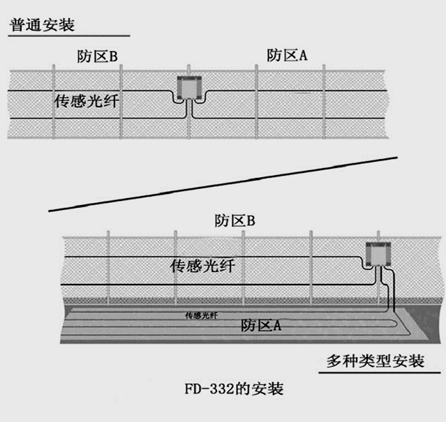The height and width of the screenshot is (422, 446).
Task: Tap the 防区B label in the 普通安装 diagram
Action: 97,56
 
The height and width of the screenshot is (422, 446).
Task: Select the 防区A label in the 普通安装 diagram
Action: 287,56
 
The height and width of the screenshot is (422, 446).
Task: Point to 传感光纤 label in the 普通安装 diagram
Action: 86,100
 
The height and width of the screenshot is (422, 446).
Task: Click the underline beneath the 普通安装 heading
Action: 69,36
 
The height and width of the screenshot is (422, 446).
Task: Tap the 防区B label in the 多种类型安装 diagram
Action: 234,222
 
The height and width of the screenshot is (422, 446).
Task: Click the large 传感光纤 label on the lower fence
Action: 202,266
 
